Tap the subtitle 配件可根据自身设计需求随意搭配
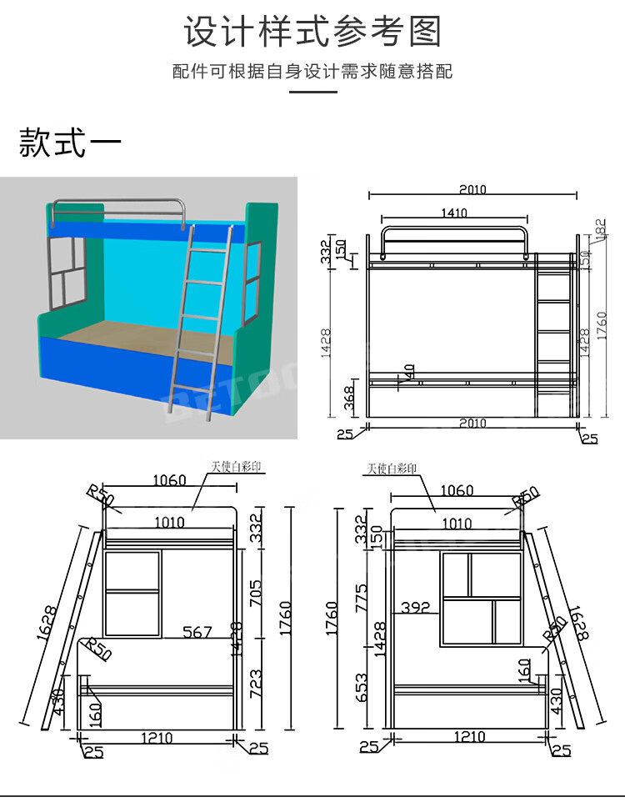pos(312,72)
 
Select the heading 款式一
pos(70,143)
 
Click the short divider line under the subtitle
pos(312,92)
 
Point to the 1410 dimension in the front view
pos(453,213)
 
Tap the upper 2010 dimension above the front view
pos(472,190)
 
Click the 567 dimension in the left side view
pos(197,633)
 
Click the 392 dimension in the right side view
pos(415,608)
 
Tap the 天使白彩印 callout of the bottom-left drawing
pos(236,468)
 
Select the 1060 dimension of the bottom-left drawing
pos(169,480)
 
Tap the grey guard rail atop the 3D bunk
pos(117,204)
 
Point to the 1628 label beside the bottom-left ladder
pos(50,621)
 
